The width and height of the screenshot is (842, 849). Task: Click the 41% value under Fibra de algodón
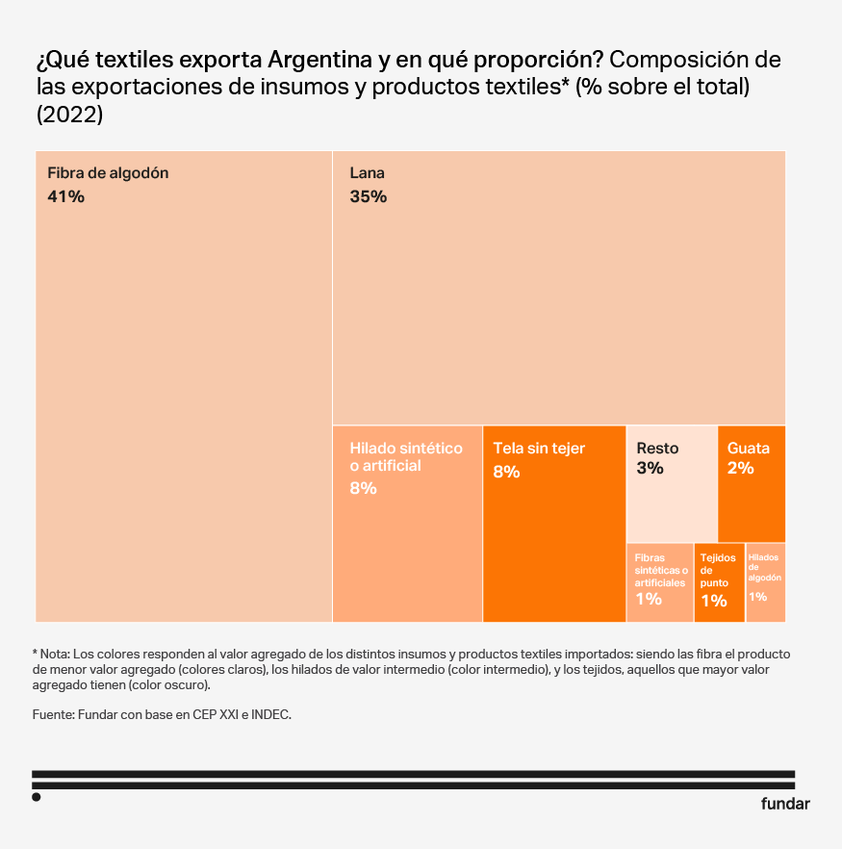(66, 197)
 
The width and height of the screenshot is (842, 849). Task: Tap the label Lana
(367, 174)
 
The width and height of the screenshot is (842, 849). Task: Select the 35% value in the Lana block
(368, 197)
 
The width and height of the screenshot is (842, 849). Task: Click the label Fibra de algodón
(108, 174)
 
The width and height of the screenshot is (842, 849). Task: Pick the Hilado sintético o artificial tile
(407, 539)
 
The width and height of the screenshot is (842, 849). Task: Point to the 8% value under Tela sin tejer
(506, 472)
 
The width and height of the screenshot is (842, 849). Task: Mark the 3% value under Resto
(650, 469)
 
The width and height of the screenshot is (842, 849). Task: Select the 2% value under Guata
(740, 469)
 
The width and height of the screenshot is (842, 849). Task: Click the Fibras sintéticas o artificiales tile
(660, 582)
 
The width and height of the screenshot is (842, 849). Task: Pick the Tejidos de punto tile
(719, 582)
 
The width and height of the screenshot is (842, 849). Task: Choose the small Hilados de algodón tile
(765, 582)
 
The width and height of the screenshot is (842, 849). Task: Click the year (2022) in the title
(69, 115)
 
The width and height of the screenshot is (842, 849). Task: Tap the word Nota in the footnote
(57, 654)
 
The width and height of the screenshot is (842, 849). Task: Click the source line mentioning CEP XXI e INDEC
(161, 715)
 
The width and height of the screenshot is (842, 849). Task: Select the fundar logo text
(785, 804)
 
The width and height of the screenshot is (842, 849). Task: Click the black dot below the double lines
(37, 797)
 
